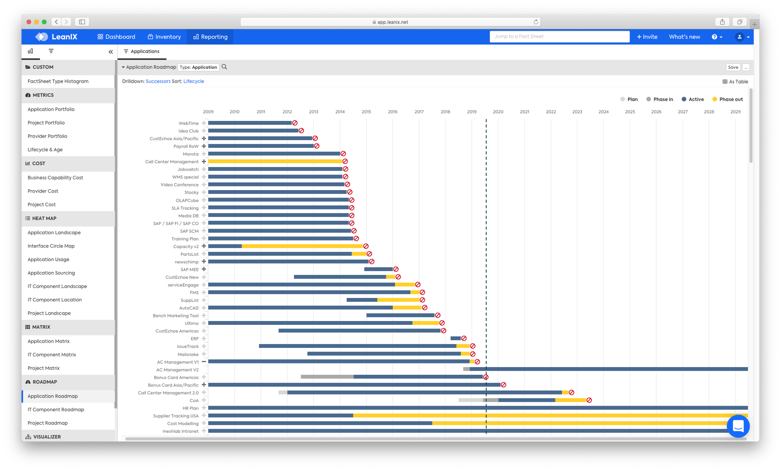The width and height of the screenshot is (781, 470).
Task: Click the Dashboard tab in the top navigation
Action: [x=116, y=37]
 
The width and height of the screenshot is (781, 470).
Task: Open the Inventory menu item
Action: [x=164, y=37]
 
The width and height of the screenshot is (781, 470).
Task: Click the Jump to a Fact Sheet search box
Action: [x=559, y=37]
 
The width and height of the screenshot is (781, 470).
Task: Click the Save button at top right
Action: [x=733, y=67]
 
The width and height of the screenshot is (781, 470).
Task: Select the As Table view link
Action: [x=735, y=82]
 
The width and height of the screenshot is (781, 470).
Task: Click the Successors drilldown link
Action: [x=158, y=81]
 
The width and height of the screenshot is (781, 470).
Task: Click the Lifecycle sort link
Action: [x=194, y=81]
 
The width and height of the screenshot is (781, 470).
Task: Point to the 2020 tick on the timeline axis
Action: [x=498, y=112]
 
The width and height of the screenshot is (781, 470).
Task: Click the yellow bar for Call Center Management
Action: [x=275, y=162]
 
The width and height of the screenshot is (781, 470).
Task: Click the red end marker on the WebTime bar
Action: [x=295, y=123]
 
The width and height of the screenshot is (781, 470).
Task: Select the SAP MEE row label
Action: [x=189, y=270]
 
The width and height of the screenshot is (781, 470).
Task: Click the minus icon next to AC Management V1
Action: [x=204, y=362]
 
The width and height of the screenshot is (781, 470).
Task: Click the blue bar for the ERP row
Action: [x=455, y=338]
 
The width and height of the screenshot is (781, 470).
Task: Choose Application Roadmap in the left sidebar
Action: [x=52, y=396]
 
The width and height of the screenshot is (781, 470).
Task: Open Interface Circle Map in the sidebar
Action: [x=51, y=246]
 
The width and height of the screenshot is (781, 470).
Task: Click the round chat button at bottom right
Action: [x=738, y=426]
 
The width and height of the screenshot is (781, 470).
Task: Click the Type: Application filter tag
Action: [x=198, y=67]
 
